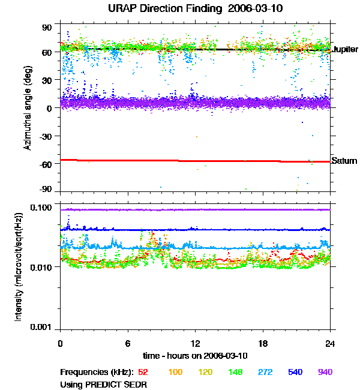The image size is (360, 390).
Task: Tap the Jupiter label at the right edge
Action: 345,49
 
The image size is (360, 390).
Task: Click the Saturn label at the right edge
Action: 344,161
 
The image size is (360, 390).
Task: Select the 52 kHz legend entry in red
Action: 143,372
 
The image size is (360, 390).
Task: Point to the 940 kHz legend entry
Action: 325,372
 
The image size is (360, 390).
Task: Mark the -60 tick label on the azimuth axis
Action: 45,163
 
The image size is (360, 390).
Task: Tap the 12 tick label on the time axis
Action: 196,343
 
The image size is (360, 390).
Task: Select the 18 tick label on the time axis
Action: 263,343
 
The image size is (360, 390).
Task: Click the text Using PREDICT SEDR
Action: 103,383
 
